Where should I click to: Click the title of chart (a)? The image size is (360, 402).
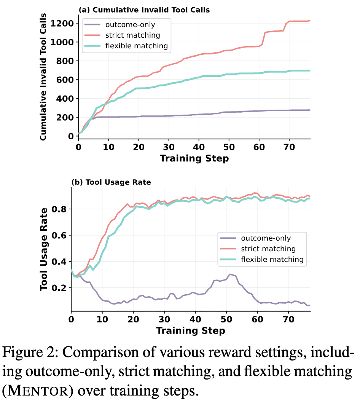(x=144, y=10)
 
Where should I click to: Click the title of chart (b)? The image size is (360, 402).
(x=111, y=182)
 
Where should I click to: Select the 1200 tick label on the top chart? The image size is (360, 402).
(x=62, y=24)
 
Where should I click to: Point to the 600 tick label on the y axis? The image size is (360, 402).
(x=65, y=80)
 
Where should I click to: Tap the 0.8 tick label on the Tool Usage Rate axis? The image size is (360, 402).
(x=59, y=209)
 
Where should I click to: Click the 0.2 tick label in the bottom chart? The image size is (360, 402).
(x=59, y=288)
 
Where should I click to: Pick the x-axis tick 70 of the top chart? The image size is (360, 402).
(x=289, y=147)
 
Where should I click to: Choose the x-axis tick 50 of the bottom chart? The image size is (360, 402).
(x=226, y=319)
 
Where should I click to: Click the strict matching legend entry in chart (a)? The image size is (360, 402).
(x=122, y=35)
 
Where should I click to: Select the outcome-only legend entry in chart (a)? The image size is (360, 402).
(x=119, y=25)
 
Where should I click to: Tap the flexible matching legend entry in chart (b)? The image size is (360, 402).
(x=262, y=260)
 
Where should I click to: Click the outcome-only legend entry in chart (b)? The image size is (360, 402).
(x=255, y=238)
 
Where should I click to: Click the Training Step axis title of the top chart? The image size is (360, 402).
(x=194, y=158)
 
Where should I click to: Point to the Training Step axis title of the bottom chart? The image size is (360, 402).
(x=191, y=331)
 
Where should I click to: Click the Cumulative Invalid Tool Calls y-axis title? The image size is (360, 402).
(x=43, y=77)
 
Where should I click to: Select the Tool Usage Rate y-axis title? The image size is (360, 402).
(x=43, y=249)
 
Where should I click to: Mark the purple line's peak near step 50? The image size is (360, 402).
(x=229, y=274)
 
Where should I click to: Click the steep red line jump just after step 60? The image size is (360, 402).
(x=263, y=38)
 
